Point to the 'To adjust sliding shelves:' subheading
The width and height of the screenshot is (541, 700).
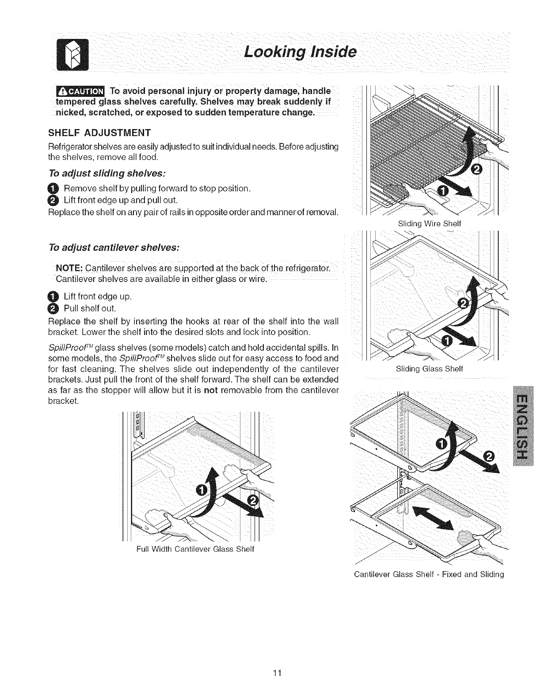106,172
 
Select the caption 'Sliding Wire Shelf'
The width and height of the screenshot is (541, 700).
429,224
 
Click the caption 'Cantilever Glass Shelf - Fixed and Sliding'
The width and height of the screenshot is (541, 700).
429,574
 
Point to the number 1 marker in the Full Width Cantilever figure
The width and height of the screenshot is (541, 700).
200,490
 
